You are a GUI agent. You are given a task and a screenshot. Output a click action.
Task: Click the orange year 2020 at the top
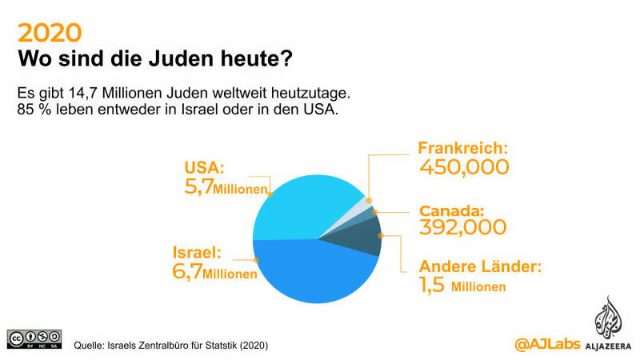pyautogui.click(x=50, y=32)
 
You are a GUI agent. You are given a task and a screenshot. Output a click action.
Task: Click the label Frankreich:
pyautogui.click(x=464, y=148)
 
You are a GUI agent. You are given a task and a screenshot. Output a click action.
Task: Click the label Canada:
pyautogui.click(x=453, y=211)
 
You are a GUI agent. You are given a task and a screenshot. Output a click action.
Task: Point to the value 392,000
pyautogui.click(x=463, y=227)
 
